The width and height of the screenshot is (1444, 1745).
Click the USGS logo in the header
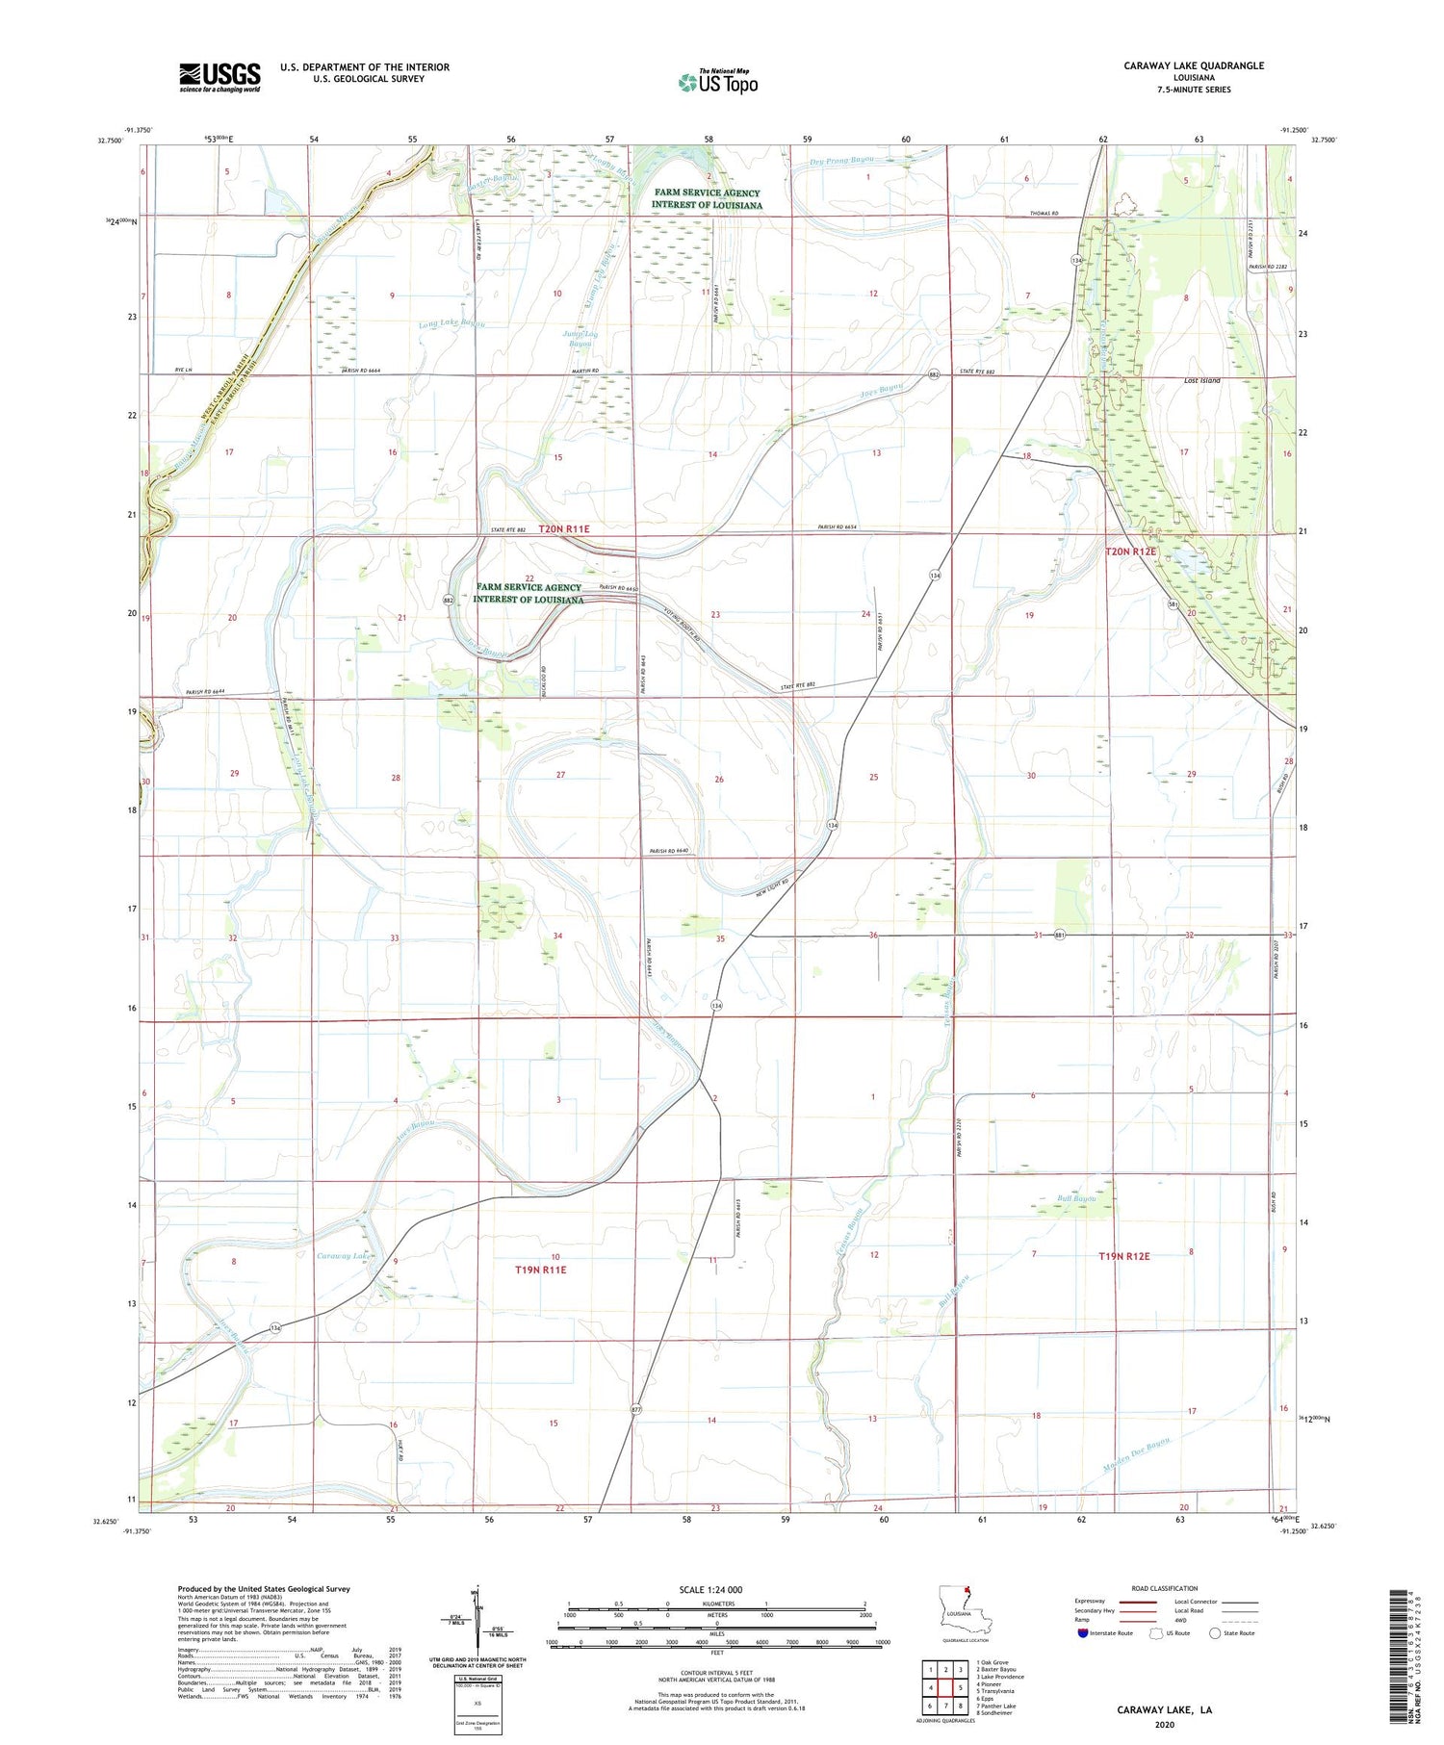point(219,77)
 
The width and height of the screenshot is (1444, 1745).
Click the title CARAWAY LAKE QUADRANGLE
point(1194,65)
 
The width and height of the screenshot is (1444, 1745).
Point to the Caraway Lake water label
point(344,1256)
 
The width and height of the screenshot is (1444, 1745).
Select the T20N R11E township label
point(564,529)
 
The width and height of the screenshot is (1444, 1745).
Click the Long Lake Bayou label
point(451,324)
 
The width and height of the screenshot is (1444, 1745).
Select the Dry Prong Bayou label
point(841,161)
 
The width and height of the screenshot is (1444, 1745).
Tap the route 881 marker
point(1059,935)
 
